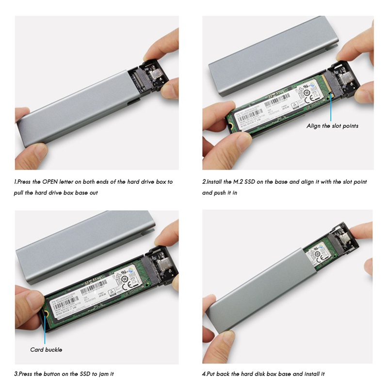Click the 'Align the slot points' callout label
click(x=332, y=126)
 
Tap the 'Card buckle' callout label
click(x=46, y=349)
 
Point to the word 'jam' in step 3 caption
click(x=101, y=374)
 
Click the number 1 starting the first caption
click(x=16, y=182)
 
